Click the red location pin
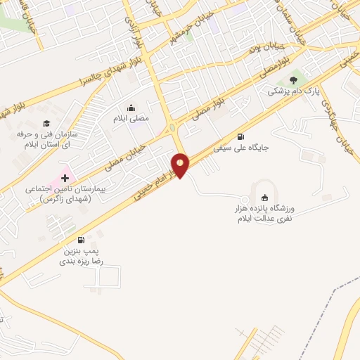tap(181, 165)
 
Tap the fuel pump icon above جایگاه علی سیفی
tap(242, 136)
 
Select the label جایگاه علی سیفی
tap(242, 148)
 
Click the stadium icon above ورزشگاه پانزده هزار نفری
tap(264, 198)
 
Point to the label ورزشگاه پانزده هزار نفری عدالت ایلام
tap(267, 214)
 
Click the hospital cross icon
tap(66, 177)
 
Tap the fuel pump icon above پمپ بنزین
tap(82, 240)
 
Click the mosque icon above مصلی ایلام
tap(131, 108)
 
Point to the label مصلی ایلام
tap(131, 119)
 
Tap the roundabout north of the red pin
tap(173, 127)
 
